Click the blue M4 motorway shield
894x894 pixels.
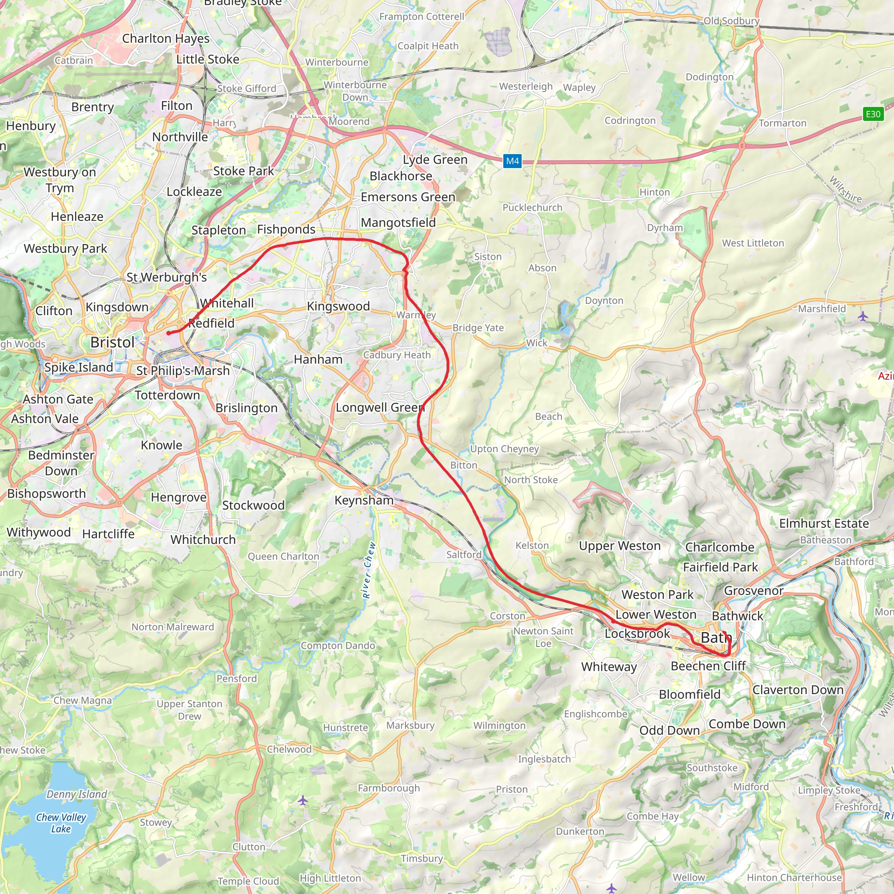[x=512, y=161]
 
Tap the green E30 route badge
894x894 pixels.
[x=873, y=114]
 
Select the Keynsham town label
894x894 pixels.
[x=364, y=500]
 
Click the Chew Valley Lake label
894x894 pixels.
[x=61, y=823]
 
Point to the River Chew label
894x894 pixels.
[x=368, y=570]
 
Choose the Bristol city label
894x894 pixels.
[x=113, y=342]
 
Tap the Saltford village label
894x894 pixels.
[x=464, y=554]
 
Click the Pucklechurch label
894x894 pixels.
[x=532, y=208]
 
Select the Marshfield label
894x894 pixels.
[x=822, y=309]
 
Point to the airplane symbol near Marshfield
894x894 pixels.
[x=863, y=316]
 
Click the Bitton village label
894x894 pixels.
[x=464, y=465]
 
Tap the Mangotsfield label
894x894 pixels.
[x=398, y=223]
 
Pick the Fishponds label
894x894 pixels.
[x=286, y=229]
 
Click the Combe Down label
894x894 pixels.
[x=747, y=724]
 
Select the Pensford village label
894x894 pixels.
[x=237, y=678]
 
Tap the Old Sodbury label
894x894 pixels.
[x=731, y=21]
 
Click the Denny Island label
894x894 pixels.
[x=76, y=794]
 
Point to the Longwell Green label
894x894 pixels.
[x=380, y=407]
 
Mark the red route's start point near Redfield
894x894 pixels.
[x=169, y=333]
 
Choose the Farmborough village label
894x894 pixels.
[x=389, y=788]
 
